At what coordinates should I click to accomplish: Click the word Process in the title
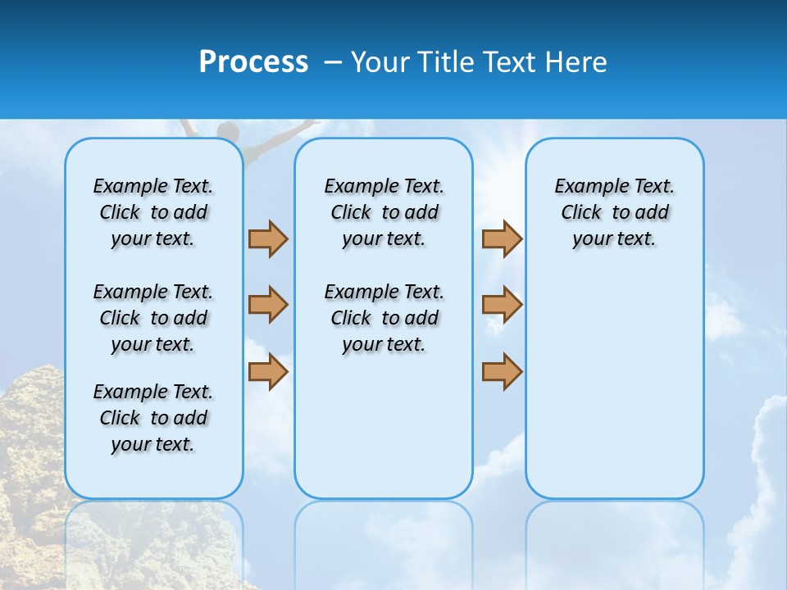click(253, 62)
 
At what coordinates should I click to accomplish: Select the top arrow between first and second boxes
click(268, 238)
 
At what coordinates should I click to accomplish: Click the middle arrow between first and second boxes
click(268, 305)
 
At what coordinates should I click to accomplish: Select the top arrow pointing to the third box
click(502, 238)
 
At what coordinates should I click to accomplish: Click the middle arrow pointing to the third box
click(502, 305)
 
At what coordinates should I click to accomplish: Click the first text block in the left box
click(153, 212)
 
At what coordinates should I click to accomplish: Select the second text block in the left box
click(153, 318)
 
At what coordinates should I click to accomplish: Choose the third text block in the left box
click(153, 418)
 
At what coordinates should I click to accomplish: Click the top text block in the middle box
click(384, 212)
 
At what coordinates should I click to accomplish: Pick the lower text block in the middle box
click(384, 318)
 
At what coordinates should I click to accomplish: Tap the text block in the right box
click(615, 212)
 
